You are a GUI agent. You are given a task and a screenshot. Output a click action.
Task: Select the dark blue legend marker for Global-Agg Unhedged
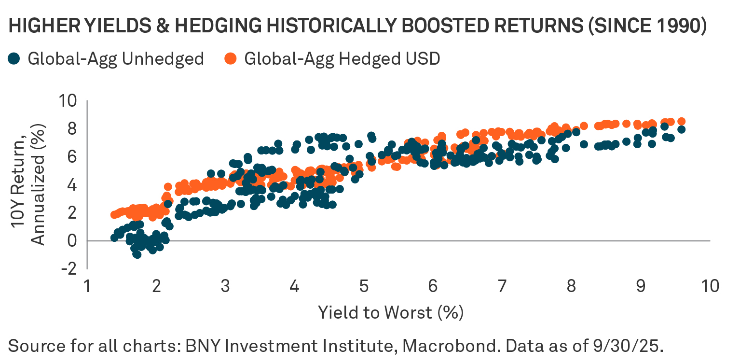pyautogui.click(x=14, y=59)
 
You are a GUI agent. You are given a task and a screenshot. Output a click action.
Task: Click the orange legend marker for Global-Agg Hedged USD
pyautogui.click(x=231, y=59)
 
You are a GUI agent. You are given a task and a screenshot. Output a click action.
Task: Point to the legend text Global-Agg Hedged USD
pyautogui.click(x=342, y=59)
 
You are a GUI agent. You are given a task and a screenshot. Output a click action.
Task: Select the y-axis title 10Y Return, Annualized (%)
pyautogui.click(x=31, y=185)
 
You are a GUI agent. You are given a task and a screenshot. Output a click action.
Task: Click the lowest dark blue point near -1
pyautogui.click(x=137, y=254)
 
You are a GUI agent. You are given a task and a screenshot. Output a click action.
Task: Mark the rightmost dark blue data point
pyautogui.click(x=682, y=129)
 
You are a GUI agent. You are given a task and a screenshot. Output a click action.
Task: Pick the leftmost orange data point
pyautogui.click(x=114, y=215)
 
